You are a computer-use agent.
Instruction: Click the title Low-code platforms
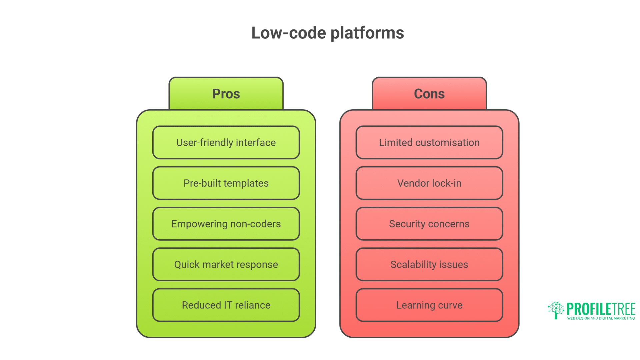pyautogui.click(x=327, y=33)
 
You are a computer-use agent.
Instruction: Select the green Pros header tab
pyautogui.click(x=226, y=94)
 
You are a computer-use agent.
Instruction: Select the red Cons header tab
pyautogui.click(x=429, y=94)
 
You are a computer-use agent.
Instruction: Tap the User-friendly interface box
pyautogui.click(x=226, y=142)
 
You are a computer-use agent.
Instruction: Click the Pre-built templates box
pyautogui.click(x=226, y=183)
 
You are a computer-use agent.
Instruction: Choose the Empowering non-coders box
pyautogui.click(x=226, y=224)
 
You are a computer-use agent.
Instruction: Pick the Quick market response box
pyautogui.click(x=226, y=264)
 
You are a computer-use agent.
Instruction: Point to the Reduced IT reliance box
pyautogui.click(x=226, y=305)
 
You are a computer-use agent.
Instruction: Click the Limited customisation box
pyautogui.click(x=429, y=142)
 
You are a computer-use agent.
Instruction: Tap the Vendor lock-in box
pyautogui.click(x=429, y=183)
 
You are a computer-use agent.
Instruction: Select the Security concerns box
pyautogui.click(x=429, y=224)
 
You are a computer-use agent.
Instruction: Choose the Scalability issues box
pyautogui.click(x=429, y=264)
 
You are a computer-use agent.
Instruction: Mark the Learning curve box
pyautogui.click(x=429, y=305)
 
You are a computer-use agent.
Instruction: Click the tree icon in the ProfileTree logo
pyautogui.click(x=556, y=310)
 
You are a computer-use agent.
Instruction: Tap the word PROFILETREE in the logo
pyautogui.click(x=601, y=309)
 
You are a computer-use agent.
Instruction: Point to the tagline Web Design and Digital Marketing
pyautogui.click(x=601, y=318)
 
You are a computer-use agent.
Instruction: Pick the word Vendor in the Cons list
pyautogui.click(x=413, y=183)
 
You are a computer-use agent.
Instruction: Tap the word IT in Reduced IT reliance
pyautogui.click(x=228, y=305)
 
